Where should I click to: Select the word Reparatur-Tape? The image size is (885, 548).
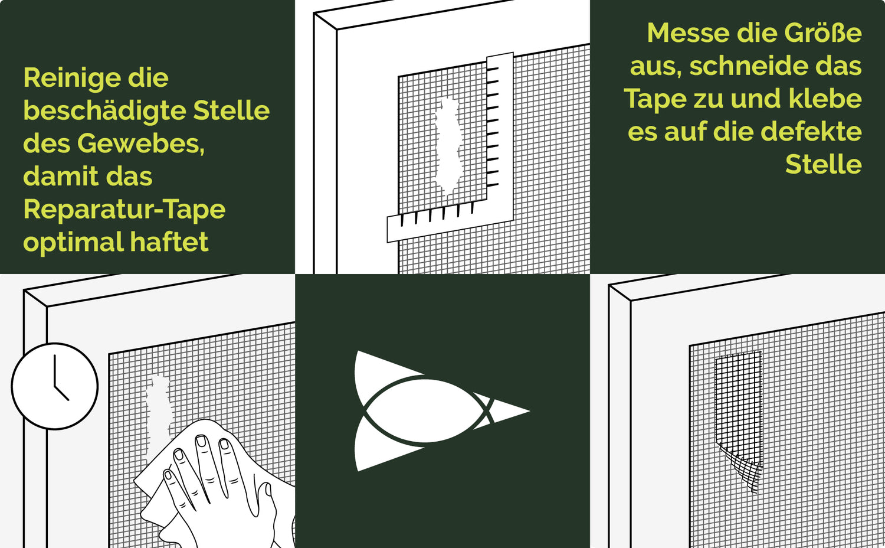pyautogui.click(x=124, y=210)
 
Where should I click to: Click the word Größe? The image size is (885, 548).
pyautogui.click(x=823, y=33)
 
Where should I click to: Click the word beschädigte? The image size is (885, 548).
pyautogui.click(x=104, y=111)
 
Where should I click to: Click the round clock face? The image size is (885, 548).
pyautogui.click(x=54, y=386)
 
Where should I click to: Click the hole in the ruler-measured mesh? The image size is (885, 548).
pyautogui.click(x=448, y=146)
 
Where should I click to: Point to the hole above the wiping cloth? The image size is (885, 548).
pyautogui.click(x=159, y=415)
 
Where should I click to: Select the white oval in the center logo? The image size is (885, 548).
pyautogui.click(x=425, y=411)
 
